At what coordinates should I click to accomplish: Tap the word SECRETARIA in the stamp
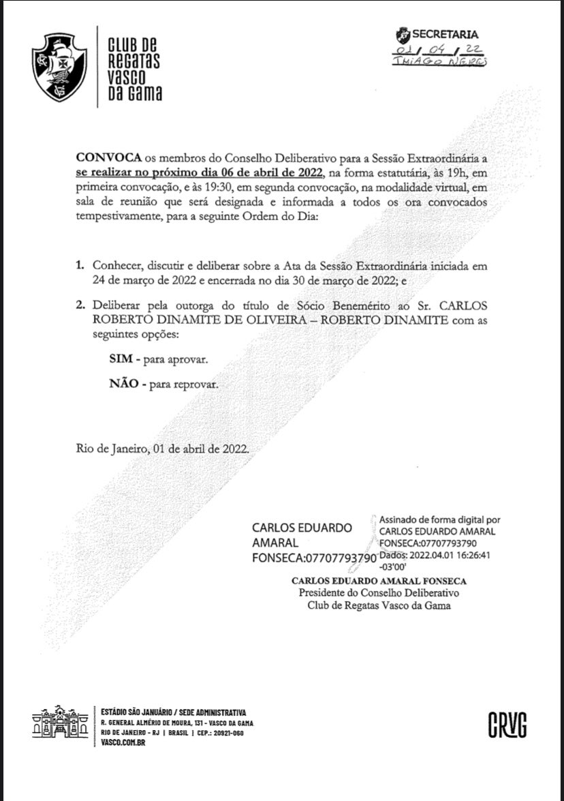pyautogui.click(x=445, y=33)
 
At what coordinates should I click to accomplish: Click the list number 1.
pyautogui.click(x=80, y=264)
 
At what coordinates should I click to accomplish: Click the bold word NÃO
pyautogui.click(x=123, y=384)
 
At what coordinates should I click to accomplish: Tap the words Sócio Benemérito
pyautogui.click(x=328, y=303)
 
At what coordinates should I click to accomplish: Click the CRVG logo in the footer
pyautogui.click(x=507, y=724)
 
